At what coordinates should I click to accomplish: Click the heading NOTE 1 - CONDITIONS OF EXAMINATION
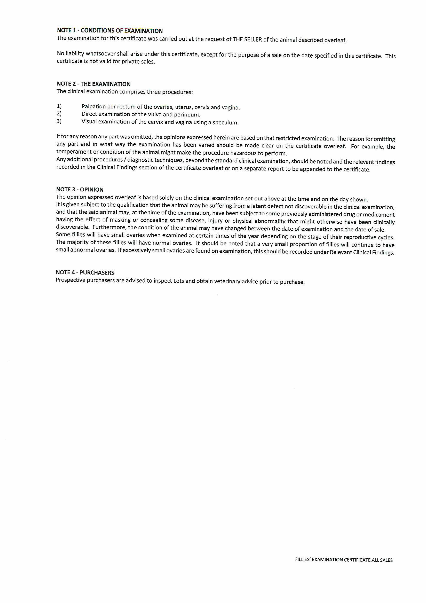point(110,31)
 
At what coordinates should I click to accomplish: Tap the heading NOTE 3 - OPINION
point(80,189)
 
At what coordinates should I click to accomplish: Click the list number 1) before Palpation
point(59,106)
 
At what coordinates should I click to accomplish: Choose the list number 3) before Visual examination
point(59,121)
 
